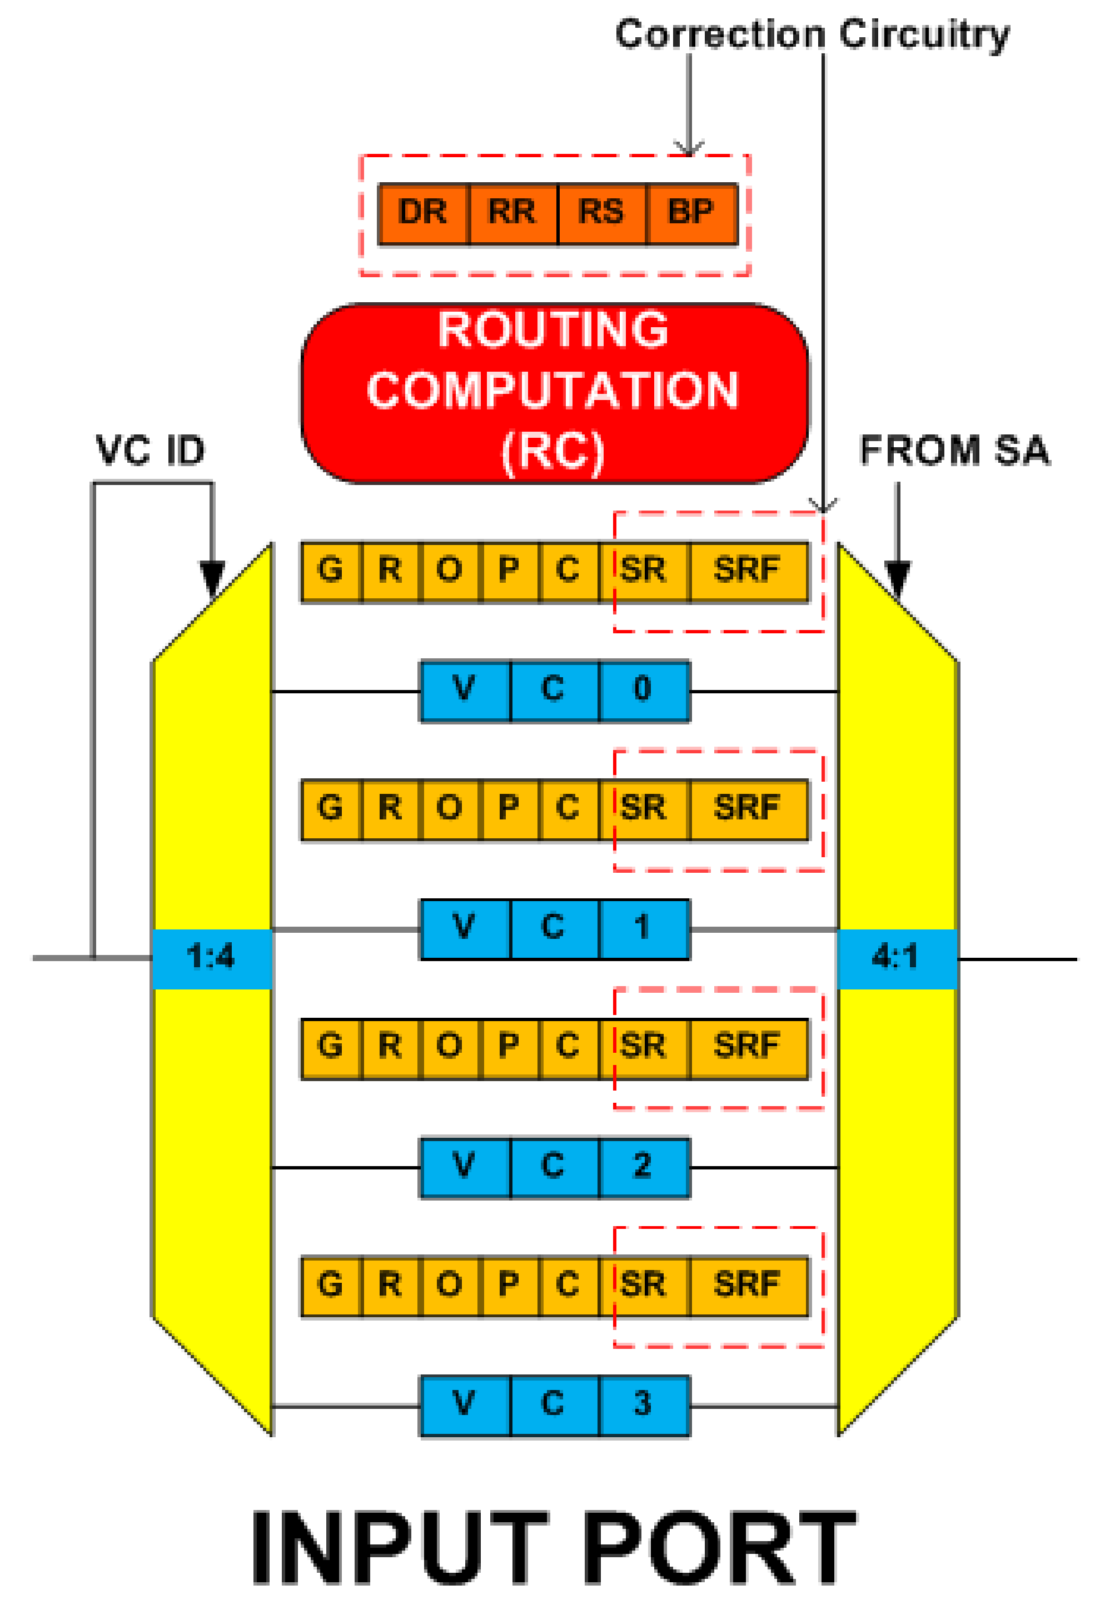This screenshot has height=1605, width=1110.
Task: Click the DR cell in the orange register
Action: tap(423, 212)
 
